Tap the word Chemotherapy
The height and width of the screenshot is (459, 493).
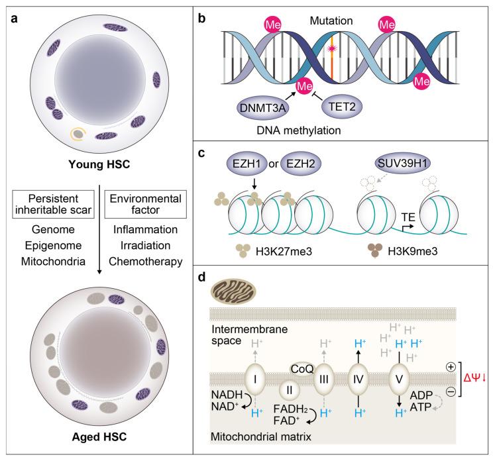(x=147, y=262)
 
